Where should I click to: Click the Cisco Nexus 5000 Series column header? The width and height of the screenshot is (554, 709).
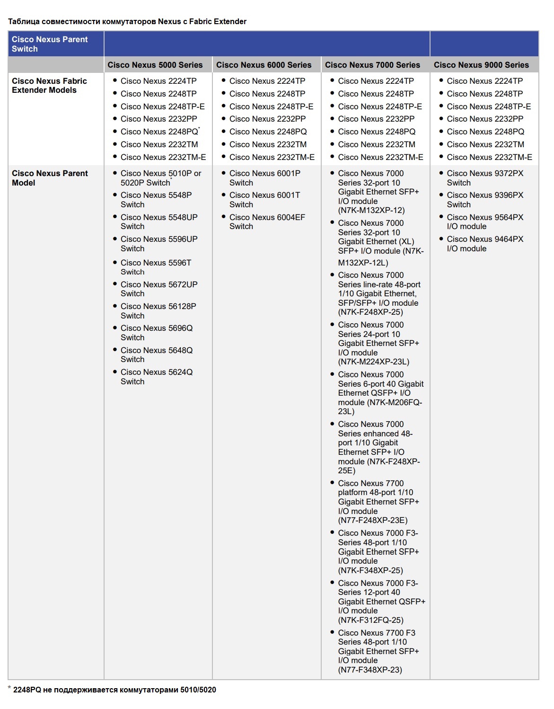coord(155,65)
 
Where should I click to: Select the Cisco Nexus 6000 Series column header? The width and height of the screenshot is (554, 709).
coord(264,65)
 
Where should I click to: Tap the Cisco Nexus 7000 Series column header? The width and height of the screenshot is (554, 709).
coord(372,65)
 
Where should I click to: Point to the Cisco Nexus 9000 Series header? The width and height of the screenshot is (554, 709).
coord(481,65)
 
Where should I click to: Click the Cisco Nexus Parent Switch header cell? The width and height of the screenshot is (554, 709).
coord(50,44)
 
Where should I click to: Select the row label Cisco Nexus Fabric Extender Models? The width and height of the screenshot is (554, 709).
coord(49,86)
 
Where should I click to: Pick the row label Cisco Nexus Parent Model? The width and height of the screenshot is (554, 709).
coord(50,178)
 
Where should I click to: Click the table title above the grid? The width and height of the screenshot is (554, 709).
coord(127,21)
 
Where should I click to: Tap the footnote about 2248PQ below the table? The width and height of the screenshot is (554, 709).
coord(114,690)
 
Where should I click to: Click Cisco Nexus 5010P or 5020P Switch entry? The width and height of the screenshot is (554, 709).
coord(160,178)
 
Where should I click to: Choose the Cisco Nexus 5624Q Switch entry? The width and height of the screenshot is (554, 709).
coord(156,377)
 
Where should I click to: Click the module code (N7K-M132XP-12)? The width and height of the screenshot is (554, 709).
coord(371,210)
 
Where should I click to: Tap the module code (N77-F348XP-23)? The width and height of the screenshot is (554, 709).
coord(370,670)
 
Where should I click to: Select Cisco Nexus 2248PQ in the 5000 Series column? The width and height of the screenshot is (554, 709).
coord(159,132)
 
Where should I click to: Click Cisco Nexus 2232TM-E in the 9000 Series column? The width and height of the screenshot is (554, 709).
coord(489,157)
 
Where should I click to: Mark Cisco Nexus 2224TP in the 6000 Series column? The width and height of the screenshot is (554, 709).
coord(267,81)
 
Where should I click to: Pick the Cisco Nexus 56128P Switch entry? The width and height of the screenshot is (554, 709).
coord(158,311)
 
